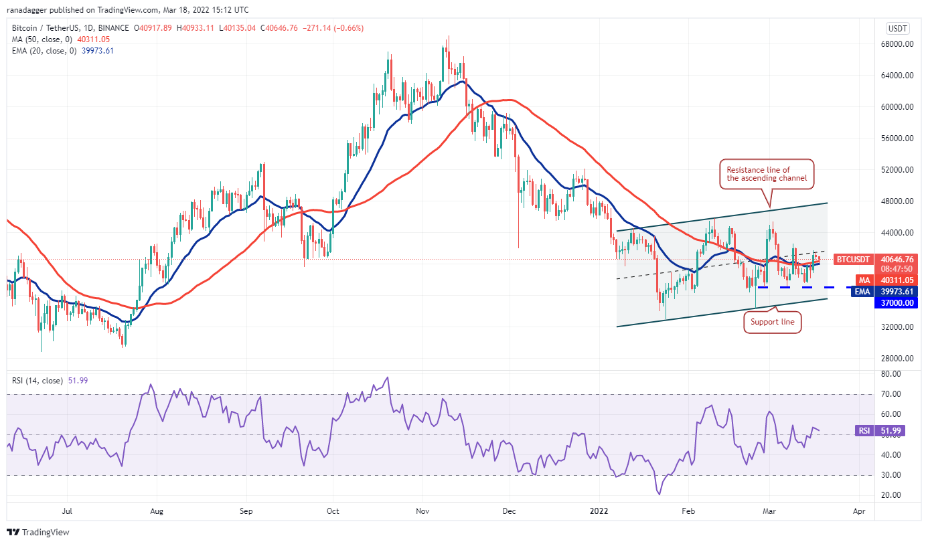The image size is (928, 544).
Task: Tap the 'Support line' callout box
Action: (x=772, y=323)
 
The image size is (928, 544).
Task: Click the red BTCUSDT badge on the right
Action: (x=853, y=259)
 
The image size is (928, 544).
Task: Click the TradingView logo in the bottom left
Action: (x=38, y=533)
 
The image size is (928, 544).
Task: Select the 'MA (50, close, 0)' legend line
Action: (x=42, y=39)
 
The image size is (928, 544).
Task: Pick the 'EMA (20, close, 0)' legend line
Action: (x=44, y=50)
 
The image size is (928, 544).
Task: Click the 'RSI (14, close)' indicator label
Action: (x=38, y=381)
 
